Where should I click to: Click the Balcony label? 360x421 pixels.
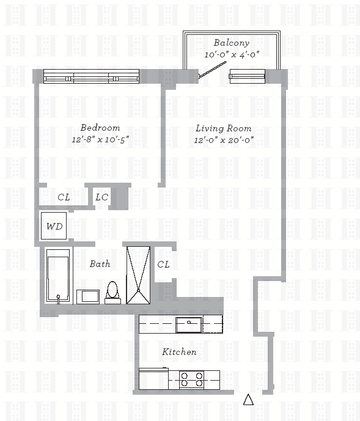(231, 43)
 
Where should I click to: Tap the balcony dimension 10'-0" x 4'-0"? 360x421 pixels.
(232, 55)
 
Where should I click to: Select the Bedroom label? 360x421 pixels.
(100, 128)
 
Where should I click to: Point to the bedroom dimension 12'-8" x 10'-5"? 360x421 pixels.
(100, 139)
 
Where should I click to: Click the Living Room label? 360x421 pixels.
(224, 128)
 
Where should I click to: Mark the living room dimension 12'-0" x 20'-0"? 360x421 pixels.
(224, 140)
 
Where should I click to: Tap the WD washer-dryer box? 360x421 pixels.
(54, 226)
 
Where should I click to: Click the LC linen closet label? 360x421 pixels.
(102, 197)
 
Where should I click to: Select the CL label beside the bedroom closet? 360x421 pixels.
(64, 197)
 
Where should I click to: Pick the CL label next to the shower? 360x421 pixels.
(163, 265)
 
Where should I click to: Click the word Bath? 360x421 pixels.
(100, 264)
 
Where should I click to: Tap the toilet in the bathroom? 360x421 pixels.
(112, 293)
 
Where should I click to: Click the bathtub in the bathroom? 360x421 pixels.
(58, 276)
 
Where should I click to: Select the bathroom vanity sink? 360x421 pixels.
(88, 297)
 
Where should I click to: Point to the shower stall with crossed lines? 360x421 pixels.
(138, 275)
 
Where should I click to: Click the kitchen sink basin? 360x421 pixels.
(189, 325)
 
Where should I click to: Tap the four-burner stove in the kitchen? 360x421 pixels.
(191, 379)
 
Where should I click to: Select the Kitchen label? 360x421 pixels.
(179, 352)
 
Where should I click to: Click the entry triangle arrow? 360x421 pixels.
(248, 400)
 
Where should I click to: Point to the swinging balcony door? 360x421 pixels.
(212, 70)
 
